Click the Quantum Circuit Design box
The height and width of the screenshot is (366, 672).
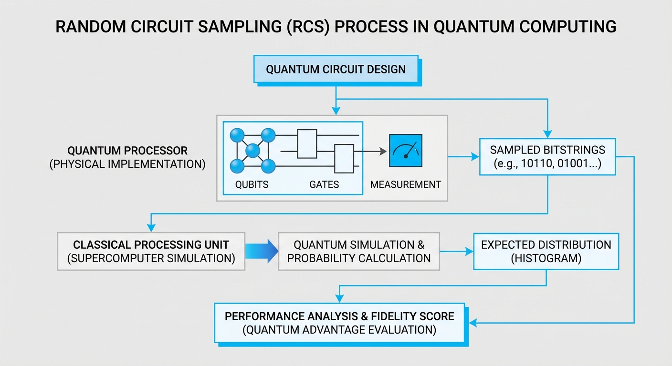(x=336, y=70)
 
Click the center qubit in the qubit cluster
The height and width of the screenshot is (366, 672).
(x=252, y=152)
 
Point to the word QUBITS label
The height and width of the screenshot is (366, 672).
(x=252, y=184)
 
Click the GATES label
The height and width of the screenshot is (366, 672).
(x=324, y=184)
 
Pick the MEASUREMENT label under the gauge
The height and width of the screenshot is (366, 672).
(x=406, y=184)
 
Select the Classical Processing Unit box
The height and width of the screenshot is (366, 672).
(x=151, y=252)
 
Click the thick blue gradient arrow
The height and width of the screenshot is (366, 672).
(x=262, y=251)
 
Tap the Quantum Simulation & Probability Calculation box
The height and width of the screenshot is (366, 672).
(x=359, y=252)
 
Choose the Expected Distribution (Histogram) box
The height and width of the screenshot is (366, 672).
(x=546, y=252)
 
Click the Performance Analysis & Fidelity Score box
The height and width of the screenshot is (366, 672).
(x=339, y=323)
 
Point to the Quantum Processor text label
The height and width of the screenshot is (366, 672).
(x=127, y=151)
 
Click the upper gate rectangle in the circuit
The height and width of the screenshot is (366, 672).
(x=307, y=143)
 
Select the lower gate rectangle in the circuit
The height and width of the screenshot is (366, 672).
(x=344, y=159)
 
